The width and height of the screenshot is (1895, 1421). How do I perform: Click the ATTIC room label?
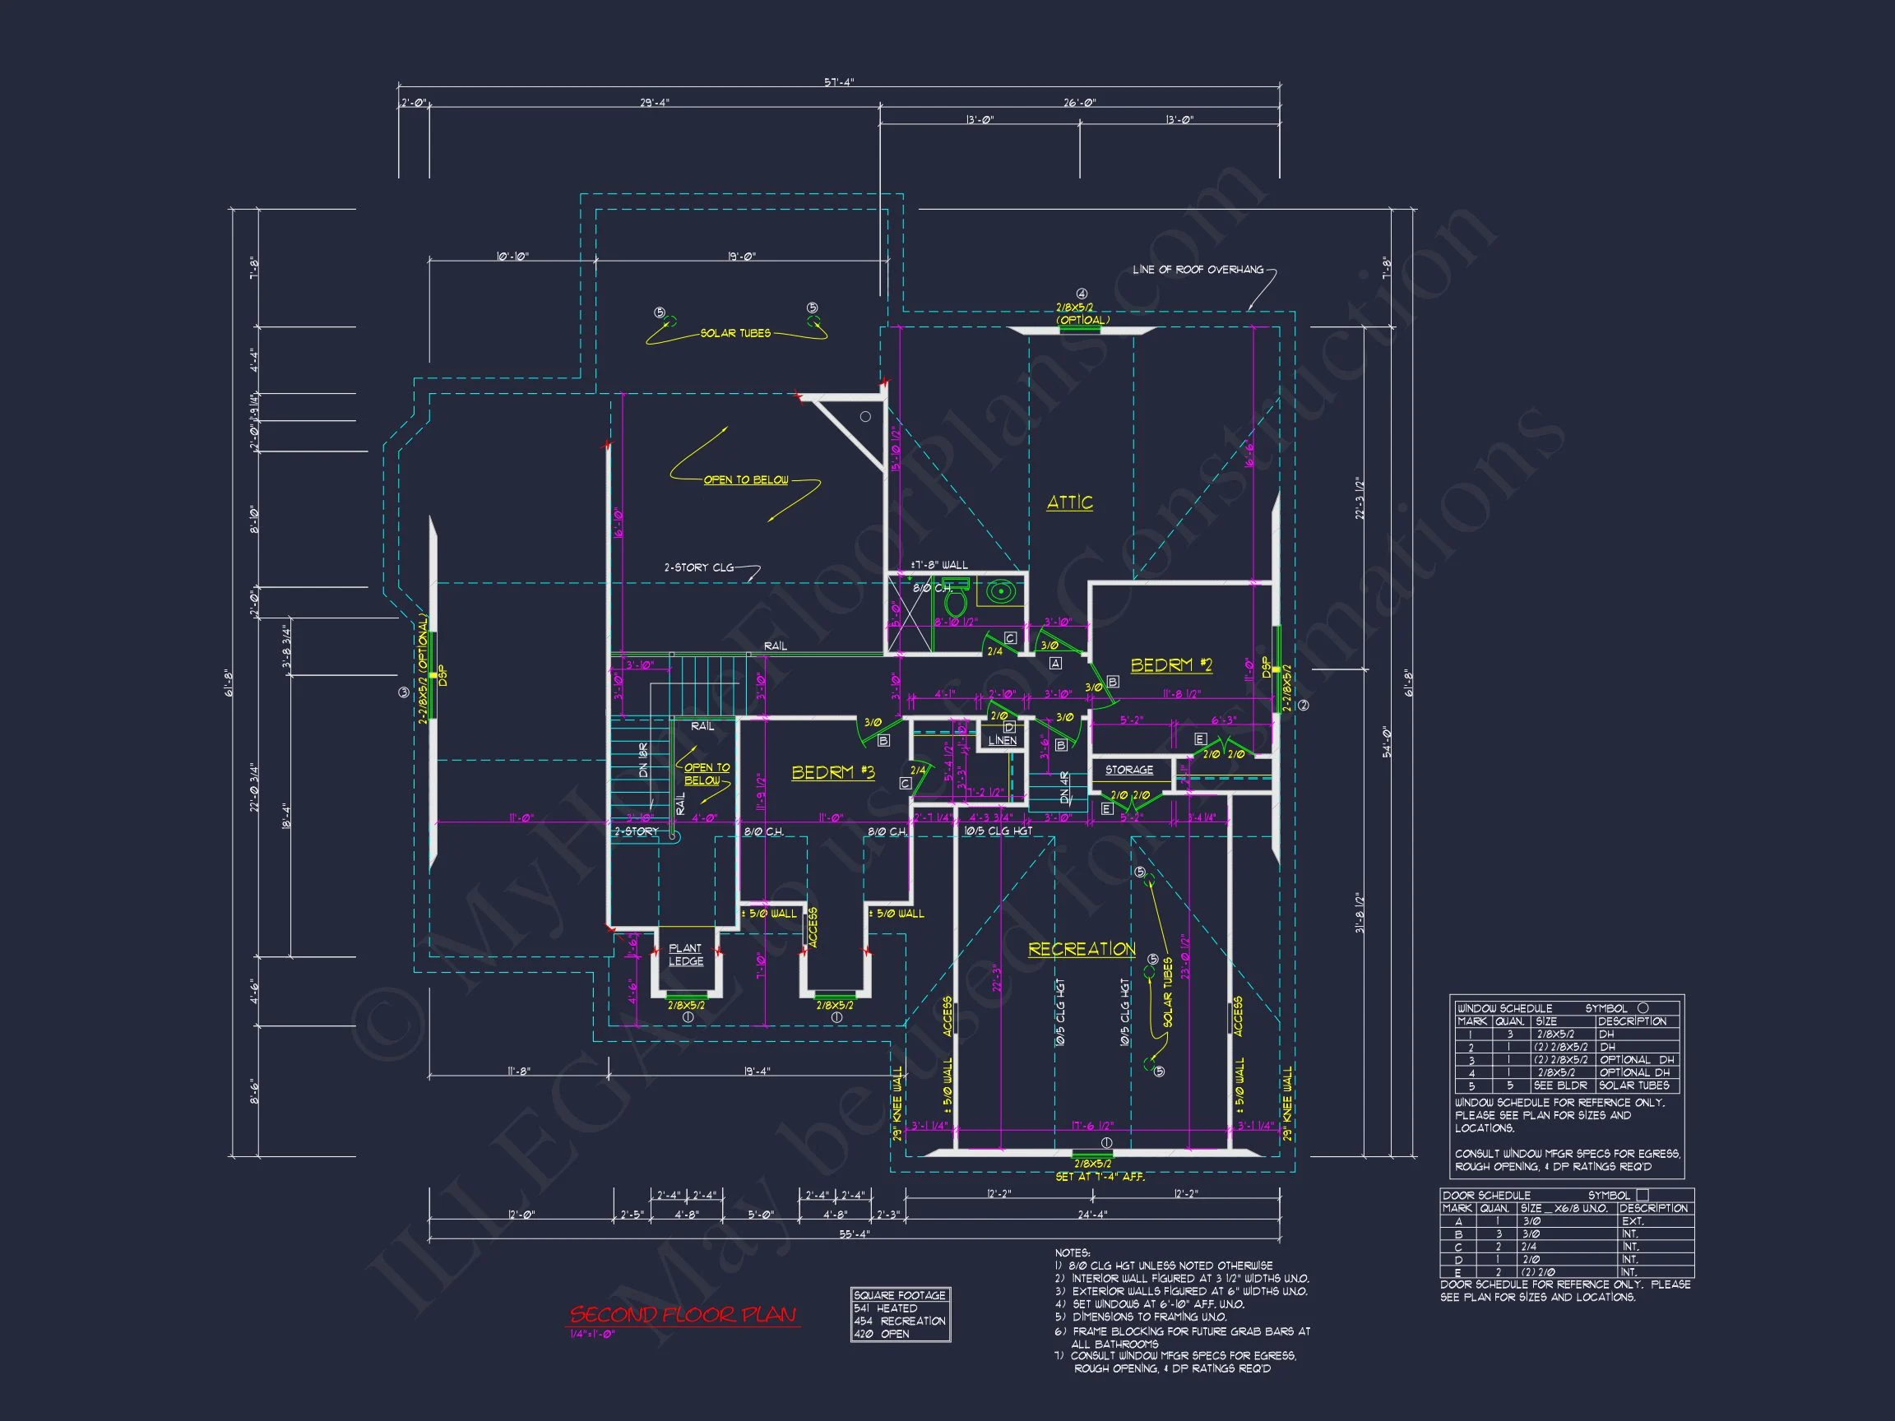(x=1069, y=502)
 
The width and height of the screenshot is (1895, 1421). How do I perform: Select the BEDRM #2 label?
(x=1171, y=664)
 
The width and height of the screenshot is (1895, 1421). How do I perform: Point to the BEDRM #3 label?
(x=832, y=773)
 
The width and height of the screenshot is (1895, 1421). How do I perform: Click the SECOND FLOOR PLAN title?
(x=683, y=1314)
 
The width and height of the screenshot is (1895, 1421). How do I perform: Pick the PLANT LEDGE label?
(x=685, y=954)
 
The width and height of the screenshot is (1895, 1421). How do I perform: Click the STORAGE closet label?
(x=1128, y=770)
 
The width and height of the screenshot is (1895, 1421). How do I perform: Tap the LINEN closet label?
(x=1002, y=740)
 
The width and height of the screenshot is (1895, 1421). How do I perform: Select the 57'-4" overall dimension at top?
(x=839, y=82)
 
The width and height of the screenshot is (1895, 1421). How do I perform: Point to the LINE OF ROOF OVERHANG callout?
(x=1198, y=270)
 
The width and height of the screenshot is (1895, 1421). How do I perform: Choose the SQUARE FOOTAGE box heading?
(x=900, y=1295)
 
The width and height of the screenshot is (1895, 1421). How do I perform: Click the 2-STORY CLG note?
(x=698, y=567)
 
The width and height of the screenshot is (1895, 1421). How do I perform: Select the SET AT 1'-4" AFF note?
(x=1099, y=1177)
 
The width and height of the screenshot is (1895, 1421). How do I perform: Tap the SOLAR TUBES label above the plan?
(x=735, y=333)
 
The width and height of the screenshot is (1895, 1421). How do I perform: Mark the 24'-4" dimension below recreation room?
(x=1092, y=1214)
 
